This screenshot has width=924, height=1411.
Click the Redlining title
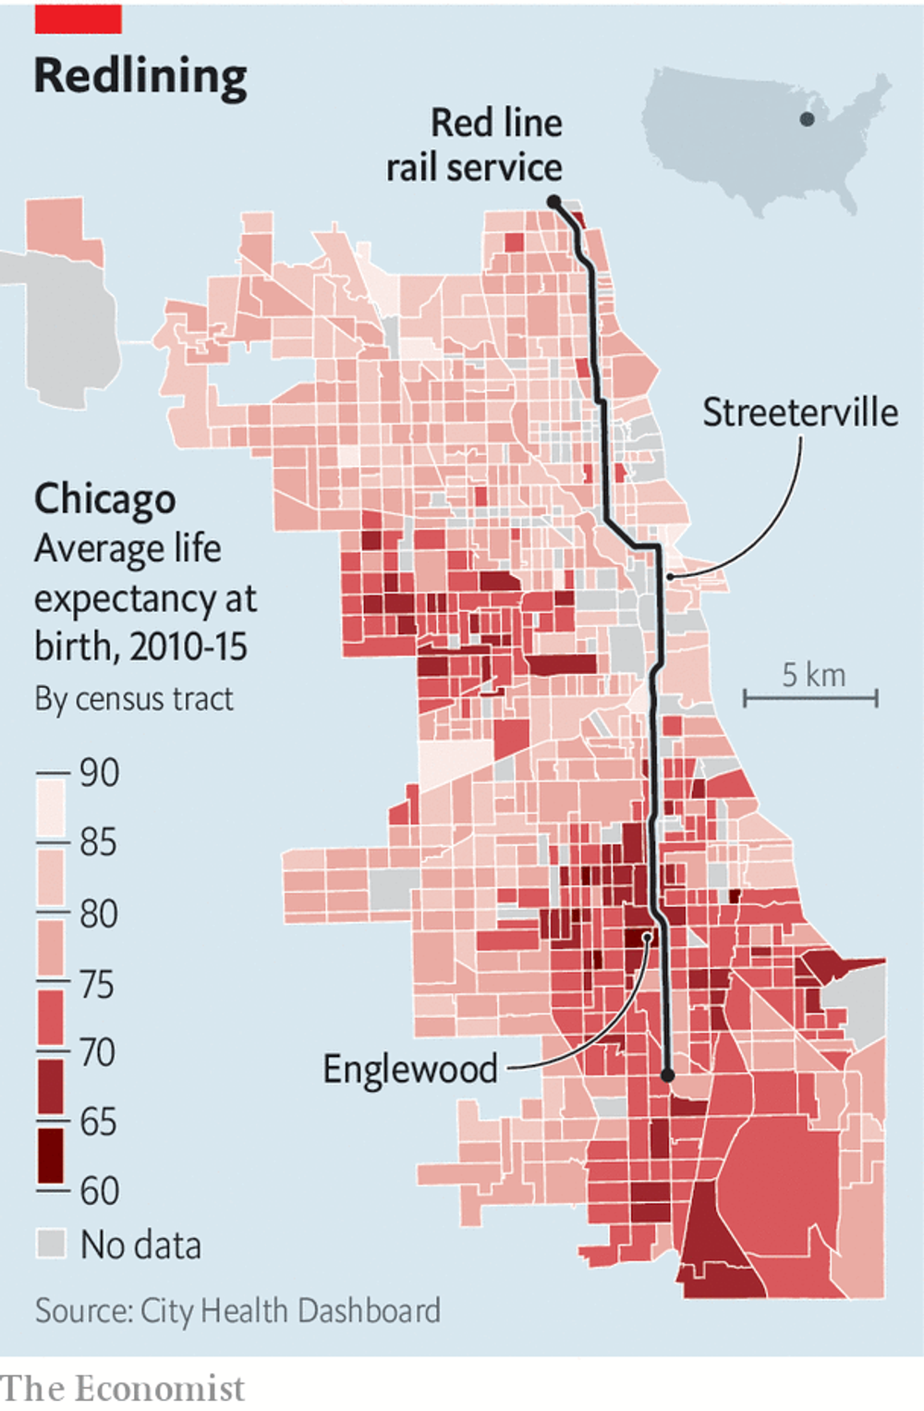tap(140, 76)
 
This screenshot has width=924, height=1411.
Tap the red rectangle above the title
tap(78, 18)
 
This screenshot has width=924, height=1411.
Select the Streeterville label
tap(799, 412)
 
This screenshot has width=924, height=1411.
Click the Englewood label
tap(409, 1069)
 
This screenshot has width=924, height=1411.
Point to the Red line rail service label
tap(475, 145)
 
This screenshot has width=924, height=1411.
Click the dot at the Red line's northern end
tap(553, 202)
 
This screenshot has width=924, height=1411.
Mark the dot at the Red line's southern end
tap(668, 1075)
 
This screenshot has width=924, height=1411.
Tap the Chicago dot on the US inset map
tap(807, 119)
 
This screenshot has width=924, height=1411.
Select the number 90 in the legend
tap(99, 773)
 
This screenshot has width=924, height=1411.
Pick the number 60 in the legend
tap(99, 1191)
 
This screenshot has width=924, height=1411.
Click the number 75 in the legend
tap(97, 985)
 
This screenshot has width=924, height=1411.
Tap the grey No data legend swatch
tap(52, 1244)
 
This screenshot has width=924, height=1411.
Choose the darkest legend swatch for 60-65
tap(52, 1155)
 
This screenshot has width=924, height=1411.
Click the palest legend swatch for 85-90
tap(52, 807)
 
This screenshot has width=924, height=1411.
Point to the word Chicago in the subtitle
tap(104, 499)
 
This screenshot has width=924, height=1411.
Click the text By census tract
tap(134, 699)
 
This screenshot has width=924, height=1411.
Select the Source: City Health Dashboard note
tap(237, 1310)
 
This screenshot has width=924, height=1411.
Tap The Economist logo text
tap(122, 1389)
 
